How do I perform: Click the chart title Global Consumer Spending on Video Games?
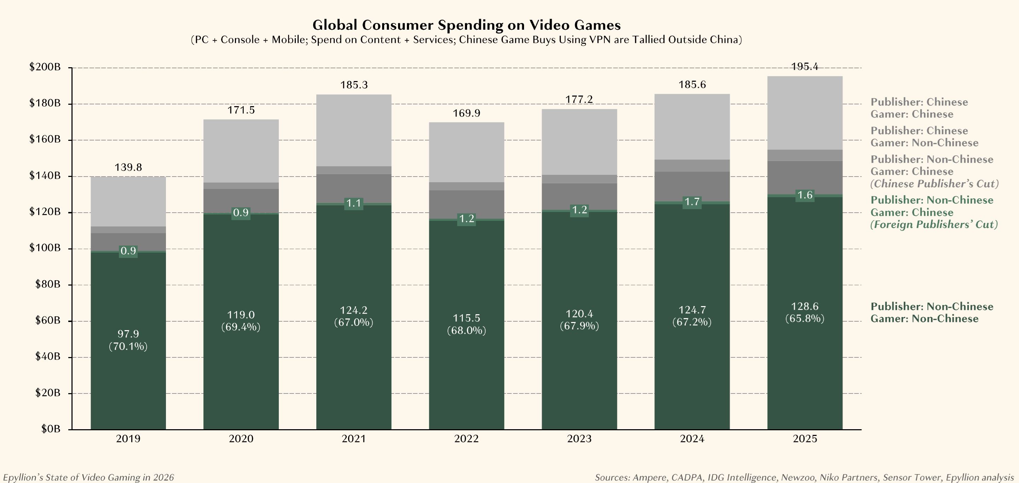pyautogui.click(x=466, y=25)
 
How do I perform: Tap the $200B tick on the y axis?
pyautogui.click(x=45, y=67)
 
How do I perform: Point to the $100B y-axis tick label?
pyautogui.click(x=45, y=248)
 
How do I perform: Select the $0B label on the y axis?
pyautogui.click(x=50, y=429)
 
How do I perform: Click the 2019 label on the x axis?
pyautogui.click(x=128, y=439)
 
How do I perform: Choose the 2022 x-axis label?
pyautogui.click(x=466, y=439)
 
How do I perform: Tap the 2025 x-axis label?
pyautogui.click(x=805, y=439)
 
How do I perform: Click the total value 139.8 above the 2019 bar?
pyautogui.click(x=128, y=167)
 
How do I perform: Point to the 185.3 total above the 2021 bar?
pyautogui.click(x=354, y=85)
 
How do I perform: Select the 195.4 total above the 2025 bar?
pyautogui.click(x=805, y=67)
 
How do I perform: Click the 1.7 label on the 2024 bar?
pyautogui.click(x=692, y=202)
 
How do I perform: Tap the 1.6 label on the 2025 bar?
pyautogui.click(x=805, y=195)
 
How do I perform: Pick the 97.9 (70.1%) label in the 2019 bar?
pyautogui.click(x=128, y=340)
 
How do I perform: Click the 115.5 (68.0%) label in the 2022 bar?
pyautogui.click(x=466, y=324)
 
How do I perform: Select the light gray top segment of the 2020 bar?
pyautogui.click(x=241, y=150)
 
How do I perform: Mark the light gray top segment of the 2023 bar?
pyautogui.click(x=579, y=142)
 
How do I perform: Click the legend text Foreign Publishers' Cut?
pyautogui.click(x=934, y=225)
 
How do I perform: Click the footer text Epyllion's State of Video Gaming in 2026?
pyautogui.click(x=88, y=477)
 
